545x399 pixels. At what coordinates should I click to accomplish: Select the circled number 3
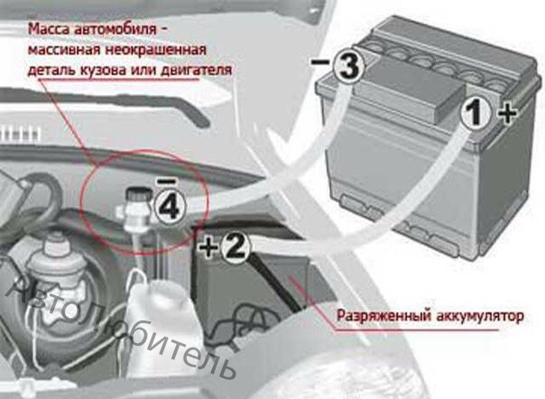click(348, 65)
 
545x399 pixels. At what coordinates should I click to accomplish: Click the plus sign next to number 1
click(507, 113)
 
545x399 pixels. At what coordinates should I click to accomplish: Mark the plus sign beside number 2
click(208, 247)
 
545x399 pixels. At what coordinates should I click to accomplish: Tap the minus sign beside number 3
click(319, 62)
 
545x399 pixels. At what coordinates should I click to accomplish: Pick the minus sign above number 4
click(167, 181)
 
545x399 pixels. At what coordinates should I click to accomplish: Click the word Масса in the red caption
click(49, 29)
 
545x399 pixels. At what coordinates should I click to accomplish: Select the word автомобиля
click(115, 29)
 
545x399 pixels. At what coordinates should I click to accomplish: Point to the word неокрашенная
click(156, 50)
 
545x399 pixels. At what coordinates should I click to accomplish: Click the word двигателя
click(196, 70)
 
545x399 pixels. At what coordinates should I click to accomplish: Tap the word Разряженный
click(383, 317)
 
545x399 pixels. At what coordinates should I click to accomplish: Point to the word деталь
click(51, 70)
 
